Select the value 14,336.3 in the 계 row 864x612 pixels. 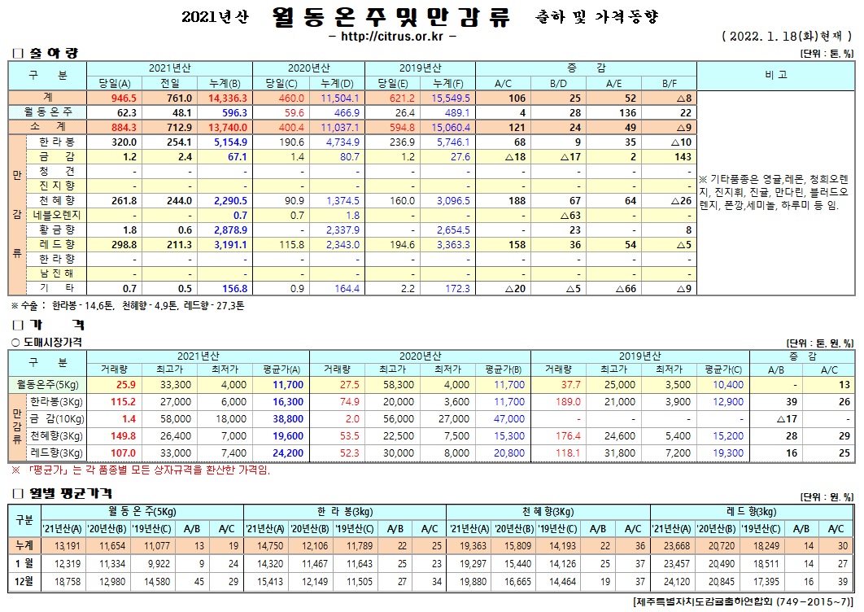tap(229, 97)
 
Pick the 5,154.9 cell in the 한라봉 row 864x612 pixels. tap(229, 141)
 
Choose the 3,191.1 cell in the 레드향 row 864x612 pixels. tap(229, 244)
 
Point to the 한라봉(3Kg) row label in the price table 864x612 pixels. tap(55, 402)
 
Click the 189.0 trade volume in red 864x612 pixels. tap(567, 402)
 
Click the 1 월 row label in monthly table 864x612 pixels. tap(21, 564)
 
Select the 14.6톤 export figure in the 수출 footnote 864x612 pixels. tap(97, 306)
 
